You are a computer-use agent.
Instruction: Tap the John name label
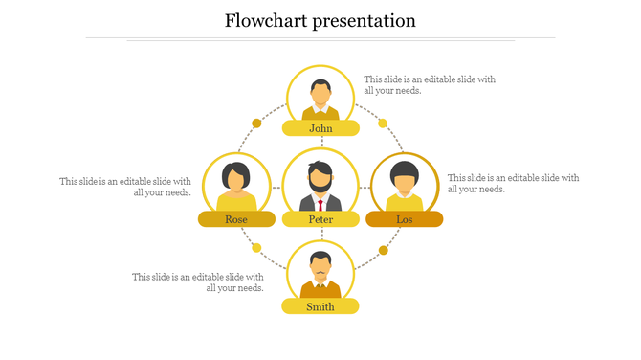[320, 128]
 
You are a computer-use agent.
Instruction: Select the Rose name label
[236, 219]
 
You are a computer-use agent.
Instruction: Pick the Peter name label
[320, 219]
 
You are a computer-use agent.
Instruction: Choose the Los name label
[405, 219]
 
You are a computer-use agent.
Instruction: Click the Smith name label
[320, 306]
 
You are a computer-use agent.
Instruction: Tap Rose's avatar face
[236, 179]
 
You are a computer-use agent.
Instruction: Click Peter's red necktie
[320, 204]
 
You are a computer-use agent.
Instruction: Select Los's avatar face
[405, 179]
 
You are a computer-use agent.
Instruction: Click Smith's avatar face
[320, 266]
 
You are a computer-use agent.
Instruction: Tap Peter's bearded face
[320, 179]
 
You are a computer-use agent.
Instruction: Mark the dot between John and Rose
[256, 123]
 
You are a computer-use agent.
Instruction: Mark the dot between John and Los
[383, 123]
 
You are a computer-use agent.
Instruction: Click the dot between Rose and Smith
[256, 249]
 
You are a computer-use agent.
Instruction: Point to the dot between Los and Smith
[383, 250]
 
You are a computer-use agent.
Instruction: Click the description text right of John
[430, 85]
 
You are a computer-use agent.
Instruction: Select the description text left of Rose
[125, 187]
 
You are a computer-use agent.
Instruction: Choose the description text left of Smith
[198, 282]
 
